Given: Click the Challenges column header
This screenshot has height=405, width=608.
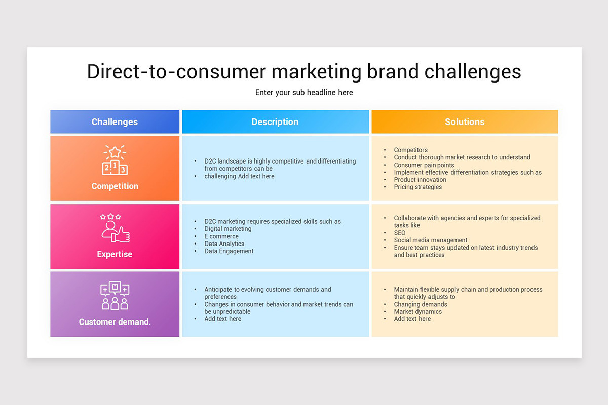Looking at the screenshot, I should [115, 122].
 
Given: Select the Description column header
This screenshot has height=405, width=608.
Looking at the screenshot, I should [275, 122].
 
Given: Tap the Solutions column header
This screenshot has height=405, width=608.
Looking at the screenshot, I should [465, 122].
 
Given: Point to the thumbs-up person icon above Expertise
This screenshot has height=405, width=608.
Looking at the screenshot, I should [115, 228].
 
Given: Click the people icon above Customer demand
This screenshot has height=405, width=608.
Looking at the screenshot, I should [115, 296].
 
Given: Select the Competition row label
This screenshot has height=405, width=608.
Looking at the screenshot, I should [115, 186].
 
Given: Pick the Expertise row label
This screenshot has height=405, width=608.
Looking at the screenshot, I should [115, 254].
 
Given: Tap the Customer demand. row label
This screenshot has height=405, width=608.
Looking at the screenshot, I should [115, 322].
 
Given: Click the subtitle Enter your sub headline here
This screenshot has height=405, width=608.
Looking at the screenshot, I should [304, 93].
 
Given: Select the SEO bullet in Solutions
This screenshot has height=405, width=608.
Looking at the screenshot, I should [400, 233].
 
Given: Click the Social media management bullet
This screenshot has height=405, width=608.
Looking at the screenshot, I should [430, 240].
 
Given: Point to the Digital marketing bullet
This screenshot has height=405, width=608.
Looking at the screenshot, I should [227, 229].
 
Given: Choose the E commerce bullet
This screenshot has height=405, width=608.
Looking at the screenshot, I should [221, 236].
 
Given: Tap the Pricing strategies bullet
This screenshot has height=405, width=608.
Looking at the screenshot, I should [417, 187].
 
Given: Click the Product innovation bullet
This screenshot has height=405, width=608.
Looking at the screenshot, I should [420, 180].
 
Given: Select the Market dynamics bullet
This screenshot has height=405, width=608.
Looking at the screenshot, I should [417, 312].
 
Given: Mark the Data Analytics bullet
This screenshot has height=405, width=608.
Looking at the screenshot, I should [224, 244].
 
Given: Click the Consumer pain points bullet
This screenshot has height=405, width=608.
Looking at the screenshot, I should [424, 165].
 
